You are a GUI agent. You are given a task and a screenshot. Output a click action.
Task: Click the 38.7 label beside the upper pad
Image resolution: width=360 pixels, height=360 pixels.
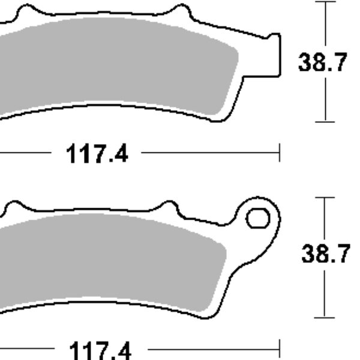[323, 62]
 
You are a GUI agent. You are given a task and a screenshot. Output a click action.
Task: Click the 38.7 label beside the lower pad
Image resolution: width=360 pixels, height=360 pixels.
[325, 256]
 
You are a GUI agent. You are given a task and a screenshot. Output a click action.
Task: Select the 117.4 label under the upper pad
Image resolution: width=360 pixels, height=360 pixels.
[97, 154]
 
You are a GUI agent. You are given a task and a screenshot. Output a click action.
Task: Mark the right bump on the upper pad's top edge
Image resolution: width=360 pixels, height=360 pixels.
[179, 11]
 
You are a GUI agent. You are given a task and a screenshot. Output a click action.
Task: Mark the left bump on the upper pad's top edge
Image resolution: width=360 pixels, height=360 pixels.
[24, 11]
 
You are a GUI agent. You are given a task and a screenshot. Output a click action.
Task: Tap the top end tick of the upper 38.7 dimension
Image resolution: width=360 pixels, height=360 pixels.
[325, 2]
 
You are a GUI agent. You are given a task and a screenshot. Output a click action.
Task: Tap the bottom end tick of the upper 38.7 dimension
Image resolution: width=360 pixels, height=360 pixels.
[325, 122]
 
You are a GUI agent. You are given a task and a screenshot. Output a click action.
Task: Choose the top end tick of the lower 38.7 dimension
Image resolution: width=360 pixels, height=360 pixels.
[325, 197]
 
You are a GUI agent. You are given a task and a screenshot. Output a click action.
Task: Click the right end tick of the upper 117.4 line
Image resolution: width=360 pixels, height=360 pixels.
[280, 153]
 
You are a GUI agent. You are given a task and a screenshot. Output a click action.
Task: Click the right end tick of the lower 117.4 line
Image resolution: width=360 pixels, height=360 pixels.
[280, 349]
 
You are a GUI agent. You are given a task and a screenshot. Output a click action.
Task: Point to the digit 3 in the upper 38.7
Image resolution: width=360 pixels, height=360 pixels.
[305, 62]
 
